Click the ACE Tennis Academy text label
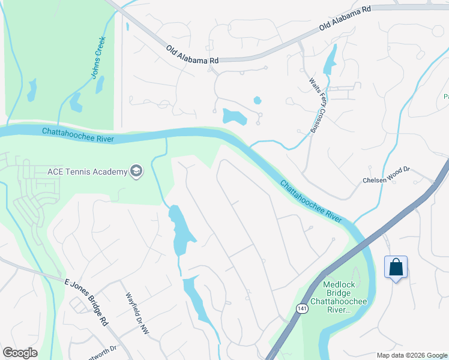click(x=87, y=172)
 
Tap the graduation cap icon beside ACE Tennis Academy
click(x=137, y=172)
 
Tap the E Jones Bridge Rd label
click(x=86, y=301)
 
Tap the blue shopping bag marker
click(x=396, y=266)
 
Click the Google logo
click(x=20, y=353)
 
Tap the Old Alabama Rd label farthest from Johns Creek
click(x=345, y=19)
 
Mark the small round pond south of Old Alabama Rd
click(x=258, y=100)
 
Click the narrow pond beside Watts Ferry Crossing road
click(x=330, y=60)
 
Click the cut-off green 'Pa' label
click(x=445, y=97)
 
